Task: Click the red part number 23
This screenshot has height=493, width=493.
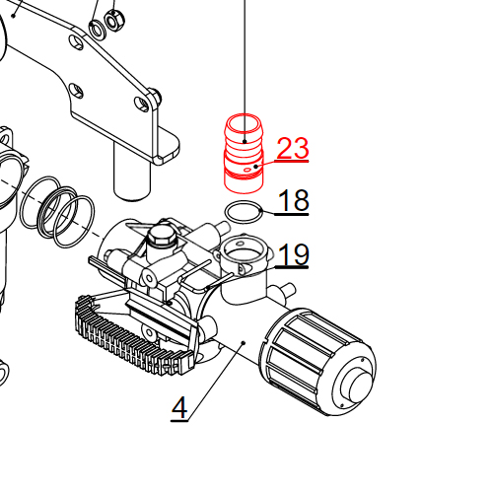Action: pyautogui.click(x=292, y=149)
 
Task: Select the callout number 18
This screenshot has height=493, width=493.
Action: pyautogui.click(x=293, y=201)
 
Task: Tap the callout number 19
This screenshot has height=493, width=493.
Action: pyautogui.click(x=293, y=255)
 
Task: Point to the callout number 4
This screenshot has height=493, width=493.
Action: pyautogui.click(x=178, y=408)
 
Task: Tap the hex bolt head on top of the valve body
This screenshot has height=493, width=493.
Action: pyautogui.click(x=161, y=237)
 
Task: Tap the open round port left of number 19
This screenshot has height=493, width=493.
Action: pyautogui.click(x=242, y=251)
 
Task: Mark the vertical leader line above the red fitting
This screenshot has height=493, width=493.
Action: pyautogui.click(x=243, y=59)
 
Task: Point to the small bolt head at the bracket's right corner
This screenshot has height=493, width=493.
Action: pyautogui.click(x=154, y=97)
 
